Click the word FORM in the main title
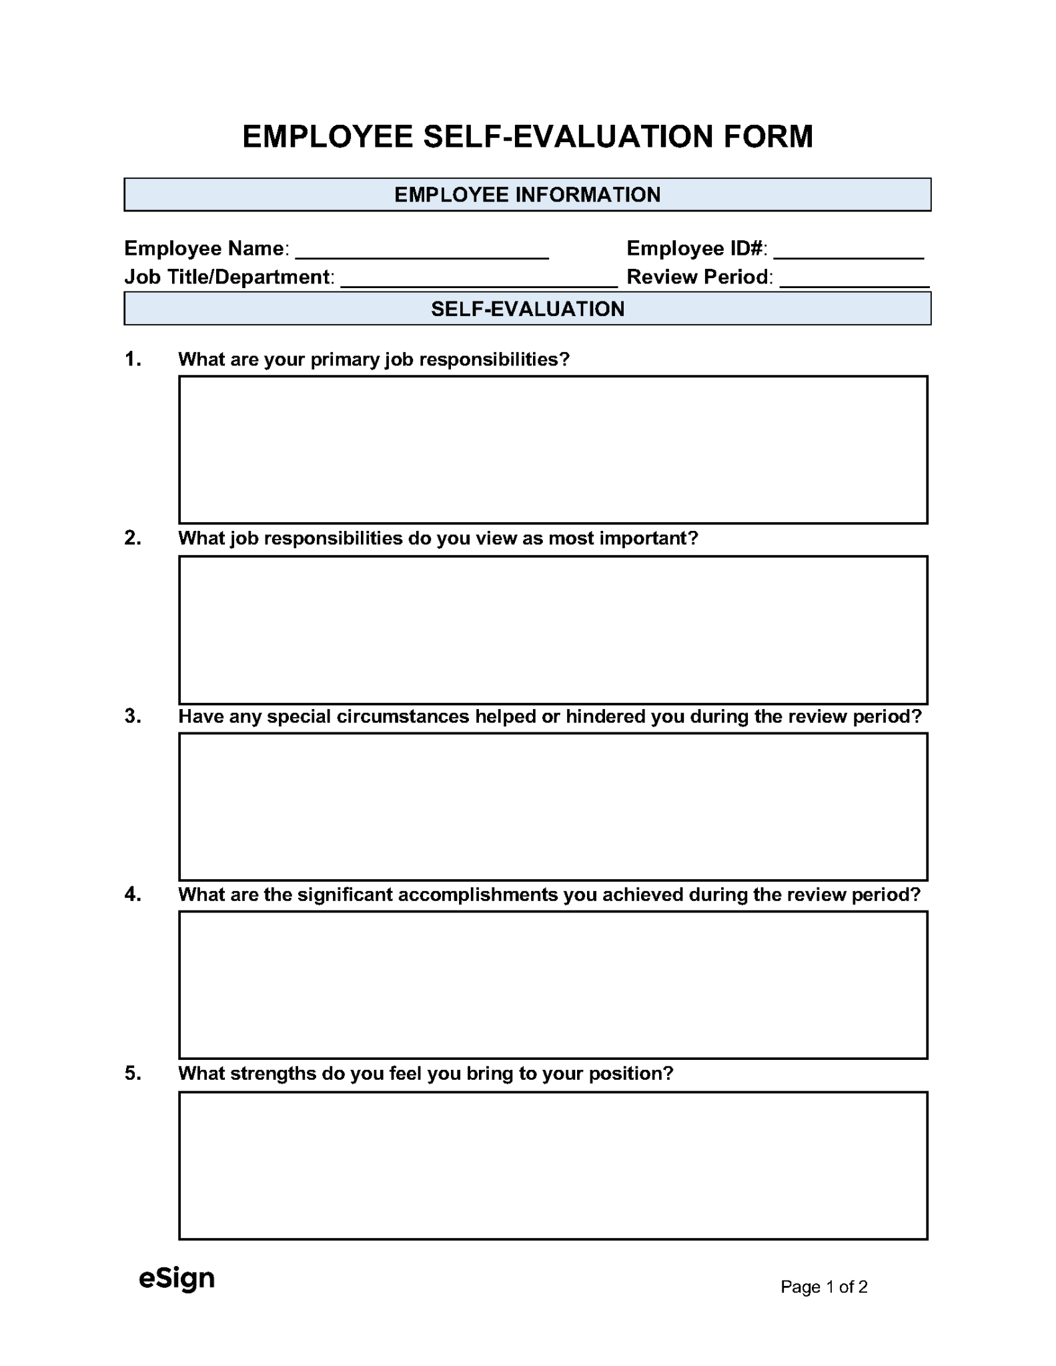(x=768, y=137)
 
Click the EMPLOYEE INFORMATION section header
(x=527, y=195)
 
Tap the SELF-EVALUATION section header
(x=527, y=309)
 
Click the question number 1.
(x=133, y=360)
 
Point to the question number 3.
(x=133, y=716)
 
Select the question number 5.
(x=133, y=1073)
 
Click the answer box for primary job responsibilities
(x=552, y=450)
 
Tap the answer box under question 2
(x=552, y=630)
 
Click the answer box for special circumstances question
(x=552, y=806)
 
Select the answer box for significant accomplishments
(x=552, y=984)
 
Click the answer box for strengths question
(x=552, y=1165)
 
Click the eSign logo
(x=177, y=1279)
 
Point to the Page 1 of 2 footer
(x=823, y=1287)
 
